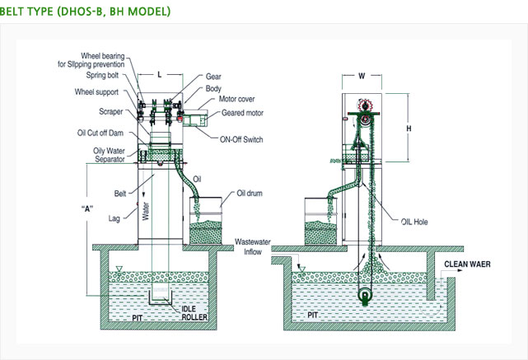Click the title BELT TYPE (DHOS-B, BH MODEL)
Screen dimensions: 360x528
[86, 12]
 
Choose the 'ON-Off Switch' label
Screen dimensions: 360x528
[237, 140]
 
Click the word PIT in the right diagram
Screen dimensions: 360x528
[314, 314]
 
